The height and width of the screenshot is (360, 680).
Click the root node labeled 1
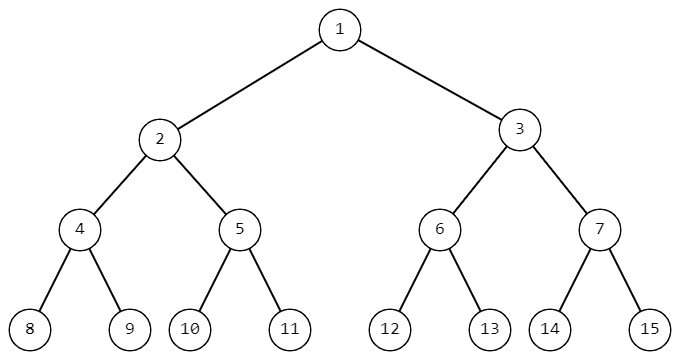tap(340, 29)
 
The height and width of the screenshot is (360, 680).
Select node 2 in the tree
tap(160, 139)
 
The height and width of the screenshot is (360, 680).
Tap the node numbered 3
tap(520, 129)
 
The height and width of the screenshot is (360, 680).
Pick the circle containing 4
tap(80, 229)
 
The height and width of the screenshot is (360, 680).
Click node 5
tap(240, 229)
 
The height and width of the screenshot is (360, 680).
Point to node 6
tap(440, 229)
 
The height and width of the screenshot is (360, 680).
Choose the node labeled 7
tap(600, 229)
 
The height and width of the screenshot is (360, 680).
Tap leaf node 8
tap(30, 329)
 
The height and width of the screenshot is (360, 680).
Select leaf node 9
tap(130, 329)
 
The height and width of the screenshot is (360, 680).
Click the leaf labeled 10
tap(190, 329)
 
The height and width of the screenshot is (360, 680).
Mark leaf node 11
tap(290, 329)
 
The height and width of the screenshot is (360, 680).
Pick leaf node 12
tap(390, 329)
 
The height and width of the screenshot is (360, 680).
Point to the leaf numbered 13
tap(490, 329)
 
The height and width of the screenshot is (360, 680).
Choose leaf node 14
tap(550, 329)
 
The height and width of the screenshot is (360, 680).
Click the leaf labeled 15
tap(650, 329)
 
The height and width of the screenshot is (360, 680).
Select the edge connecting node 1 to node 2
tap(250, 84)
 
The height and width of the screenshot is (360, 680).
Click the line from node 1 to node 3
tap(430, 79)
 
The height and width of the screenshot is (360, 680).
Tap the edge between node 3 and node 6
tap(480, 179)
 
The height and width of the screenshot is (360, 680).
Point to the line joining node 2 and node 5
tap(200, 184)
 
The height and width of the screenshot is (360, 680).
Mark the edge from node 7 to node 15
tap(625, 279)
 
